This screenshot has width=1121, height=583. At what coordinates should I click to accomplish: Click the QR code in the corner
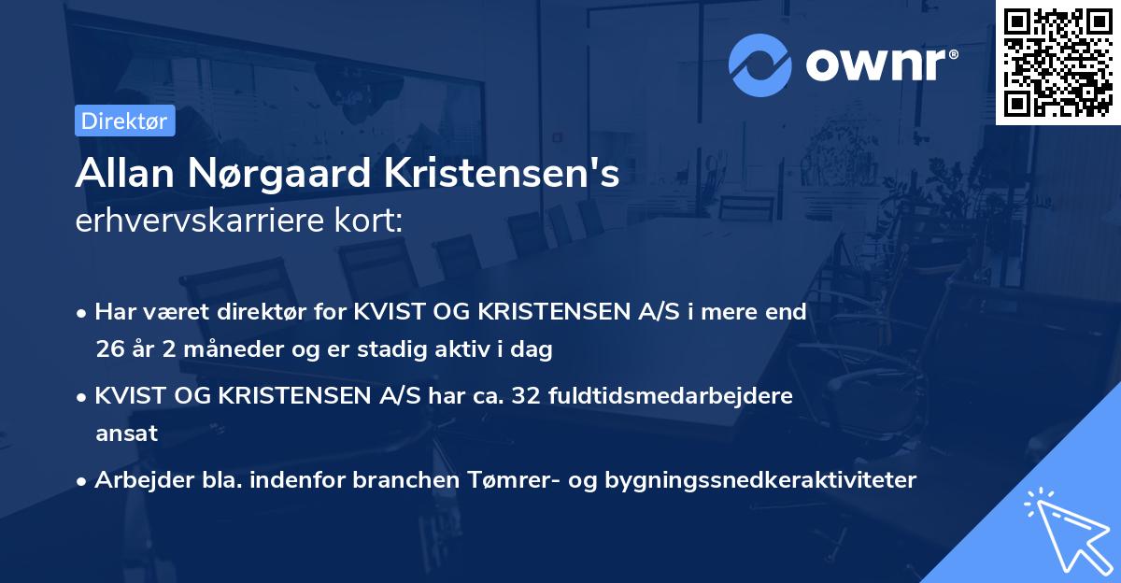click(1057, 62)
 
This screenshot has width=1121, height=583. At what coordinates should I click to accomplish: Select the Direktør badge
click(124, 121)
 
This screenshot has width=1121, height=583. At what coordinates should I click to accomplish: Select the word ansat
click(126, 434)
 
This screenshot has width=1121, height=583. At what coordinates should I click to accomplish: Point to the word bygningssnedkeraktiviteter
click(761, 480)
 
